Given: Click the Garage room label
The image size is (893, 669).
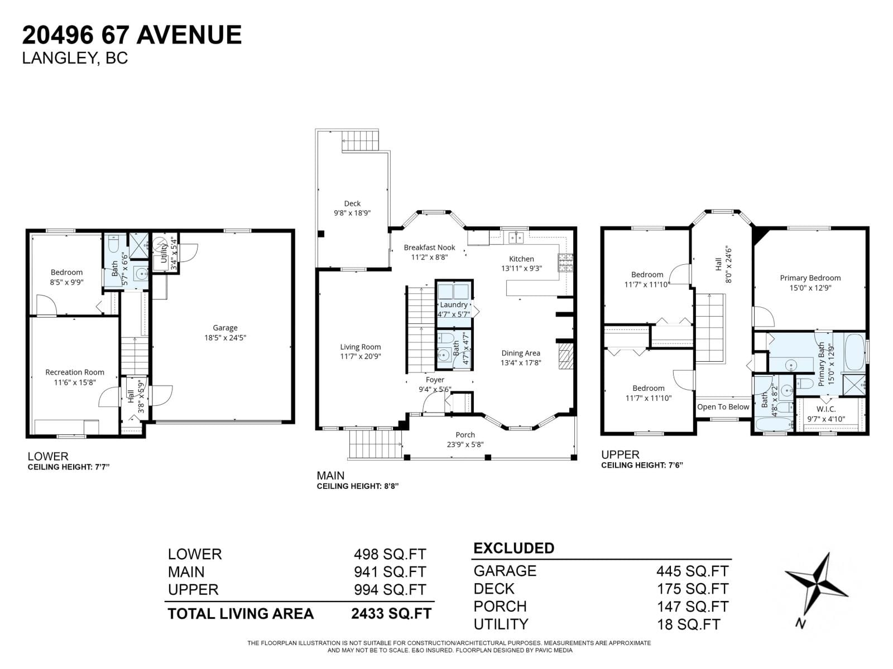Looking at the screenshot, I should [225, 328].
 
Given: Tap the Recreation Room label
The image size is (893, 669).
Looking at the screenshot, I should [75, 372].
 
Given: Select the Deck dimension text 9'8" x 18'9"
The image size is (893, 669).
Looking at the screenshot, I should [352, 213].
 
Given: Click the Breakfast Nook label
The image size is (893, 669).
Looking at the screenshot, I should [429, 248].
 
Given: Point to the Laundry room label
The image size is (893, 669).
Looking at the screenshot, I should [453, 305].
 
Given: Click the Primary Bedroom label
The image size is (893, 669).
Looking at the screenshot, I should [810, 278].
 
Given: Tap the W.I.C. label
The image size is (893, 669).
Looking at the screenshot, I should [825, 409].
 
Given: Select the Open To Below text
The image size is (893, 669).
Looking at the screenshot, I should [723, 407].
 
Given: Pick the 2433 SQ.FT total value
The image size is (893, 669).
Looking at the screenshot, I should [391, 614].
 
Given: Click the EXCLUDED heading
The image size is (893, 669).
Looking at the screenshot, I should [513, 549].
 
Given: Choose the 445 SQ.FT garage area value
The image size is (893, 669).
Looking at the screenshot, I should [692, 571].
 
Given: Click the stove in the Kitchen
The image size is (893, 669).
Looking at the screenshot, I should [565, 263].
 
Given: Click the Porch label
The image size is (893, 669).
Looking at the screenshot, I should [465, 435].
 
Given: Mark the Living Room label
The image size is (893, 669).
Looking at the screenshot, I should [360, 347].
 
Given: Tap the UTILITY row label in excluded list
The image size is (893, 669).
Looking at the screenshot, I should [501, 624].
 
